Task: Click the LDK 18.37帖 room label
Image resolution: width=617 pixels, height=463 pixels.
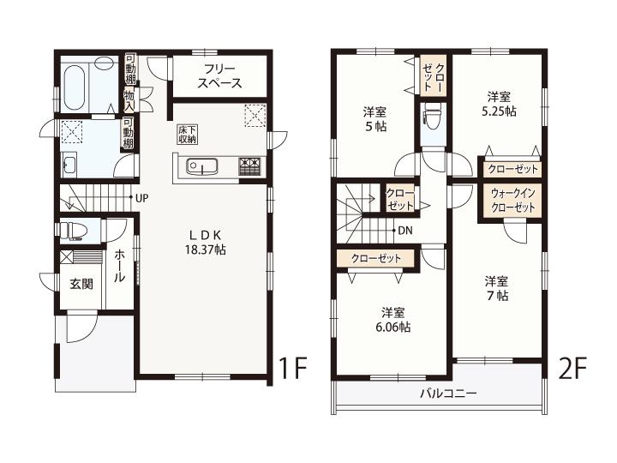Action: pyautogui.click(x=206, y=243)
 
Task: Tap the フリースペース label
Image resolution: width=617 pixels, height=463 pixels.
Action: pyautogui.click(x=219, y=76)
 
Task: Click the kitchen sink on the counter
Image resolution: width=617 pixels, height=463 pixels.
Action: pyautogui.click(x=202, y=167)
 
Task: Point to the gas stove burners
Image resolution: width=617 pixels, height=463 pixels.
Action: pyautogui.click(x=249, y=166)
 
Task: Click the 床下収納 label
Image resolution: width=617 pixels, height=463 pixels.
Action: pyautogui.click(x=188, y=135)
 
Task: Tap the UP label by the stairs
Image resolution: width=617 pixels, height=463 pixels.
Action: pyautogui.click(x=141, y=198)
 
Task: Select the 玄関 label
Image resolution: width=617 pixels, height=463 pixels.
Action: pyautogui.click(x=81, y=284)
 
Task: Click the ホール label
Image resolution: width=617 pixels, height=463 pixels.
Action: pyautogui.click(x=120, y=267)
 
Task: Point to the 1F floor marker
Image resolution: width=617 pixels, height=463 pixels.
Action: pyautogui.click(x=293, y=368)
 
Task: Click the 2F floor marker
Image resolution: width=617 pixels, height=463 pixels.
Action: pyautogui.click(x=573, y=368)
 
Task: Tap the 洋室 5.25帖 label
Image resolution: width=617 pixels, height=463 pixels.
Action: pyautogui.click(x=499, y=104)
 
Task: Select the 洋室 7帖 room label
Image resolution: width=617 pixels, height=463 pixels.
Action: pyautogui.click(x=496, y=288)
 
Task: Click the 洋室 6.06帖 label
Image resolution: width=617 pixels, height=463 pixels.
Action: pyautogui.click(x=393, y=320)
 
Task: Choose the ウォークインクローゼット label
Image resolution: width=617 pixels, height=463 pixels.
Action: pyautogui.click(x=513, y=200)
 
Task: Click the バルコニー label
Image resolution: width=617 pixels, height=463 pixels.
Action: pyautogui.click(x=448, y=393)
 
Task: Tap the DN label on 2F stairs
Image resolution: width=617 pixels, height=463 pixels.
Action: pyautogui.click(x=405, y=231)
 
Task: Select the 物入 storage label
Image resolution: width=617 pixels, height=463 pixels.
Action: pyautogui.click(x=129, y=100)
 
